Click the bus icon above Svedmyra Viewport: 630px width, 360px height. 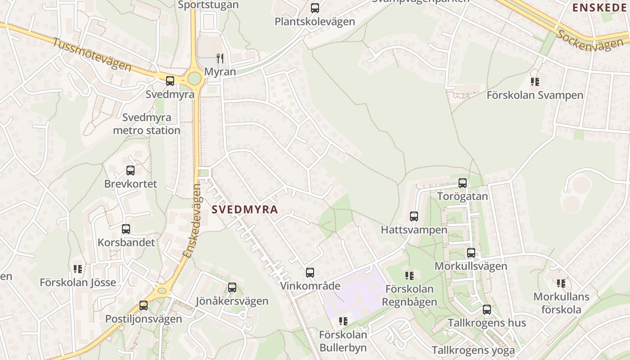pos(170,81)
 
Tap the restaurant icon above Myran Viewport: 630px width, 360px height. pos(220,58)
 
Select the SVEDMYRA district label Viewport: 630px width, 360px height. pos(245,209)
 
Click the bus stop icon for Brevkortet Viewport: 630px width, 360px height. pos(130,171)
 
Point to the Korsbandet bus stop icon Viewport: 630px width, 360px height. pos(126,229)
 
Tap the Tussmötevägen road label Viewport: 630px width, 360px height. pos(92,55)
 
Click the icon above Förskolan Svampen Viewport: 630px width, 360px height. pos(535,82)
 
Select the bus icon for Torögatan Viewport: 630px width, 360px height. pos(463,183)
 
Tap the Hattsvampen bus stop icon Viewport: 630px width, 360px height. pos(414,216)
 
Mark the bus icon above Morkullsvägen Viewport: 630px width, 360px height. pos(471,253)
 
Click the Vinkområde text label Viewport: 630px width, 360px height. pos(310,286)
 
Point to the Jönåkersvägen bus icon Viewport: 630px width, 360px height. pos(232,288)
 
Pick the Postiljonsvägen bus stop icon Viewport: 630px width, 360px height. pos(144,306)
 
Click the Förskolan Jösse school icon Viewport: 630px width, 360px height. pos(78,269)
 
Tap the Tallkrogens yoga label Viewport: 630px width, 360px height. pos(473,350)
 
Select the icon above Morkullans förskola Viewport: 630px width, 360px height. pos(561,283)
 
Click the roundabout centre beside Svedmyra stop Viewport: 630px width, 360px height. pos(194,78)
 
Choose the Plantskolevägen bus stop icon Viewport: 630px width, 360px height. pos(315,8)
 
